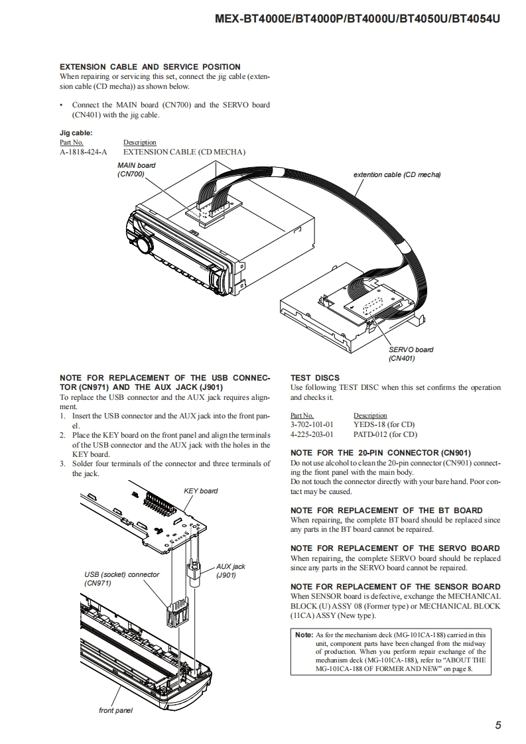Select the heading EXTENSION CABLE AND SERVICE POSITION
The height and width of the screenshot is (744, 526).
(x=150, y=67)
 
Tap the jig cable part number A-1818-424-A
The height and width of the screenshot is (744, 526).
(x=83, y=152)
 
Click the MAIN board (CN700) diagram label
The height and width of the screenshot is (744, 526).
(x=137, y=169)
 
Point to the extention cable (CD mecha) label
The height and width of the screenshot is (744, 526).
(x=397, y=174)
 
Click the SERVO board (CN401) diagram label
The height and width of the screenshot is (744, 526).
(x=411, y=354)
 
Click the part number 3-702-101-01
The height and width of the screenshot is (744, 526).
(x=312, y=424)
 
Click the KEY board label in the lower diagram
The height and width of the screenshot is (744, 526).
(x=200, y=491)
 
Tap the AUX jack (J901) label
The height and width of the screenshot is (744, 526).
(x=230, y=570)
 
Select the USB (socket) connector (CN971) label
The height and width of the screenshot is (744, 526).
(x=121, y=578)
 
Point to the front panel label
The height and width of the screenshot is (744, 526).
(x=115, y=710)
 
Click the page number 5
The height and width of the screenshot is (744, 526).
(x=497, y=725)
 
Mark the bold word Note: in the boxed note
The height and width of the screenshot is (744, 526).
(x=304, y=635)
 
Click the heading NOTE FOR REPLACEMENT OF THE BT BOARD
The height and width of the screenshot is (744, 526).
(x=386, y=511)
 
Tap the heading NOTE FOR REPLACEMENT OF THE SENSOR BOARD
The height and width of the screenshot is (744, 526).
(x=395, y=587)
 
